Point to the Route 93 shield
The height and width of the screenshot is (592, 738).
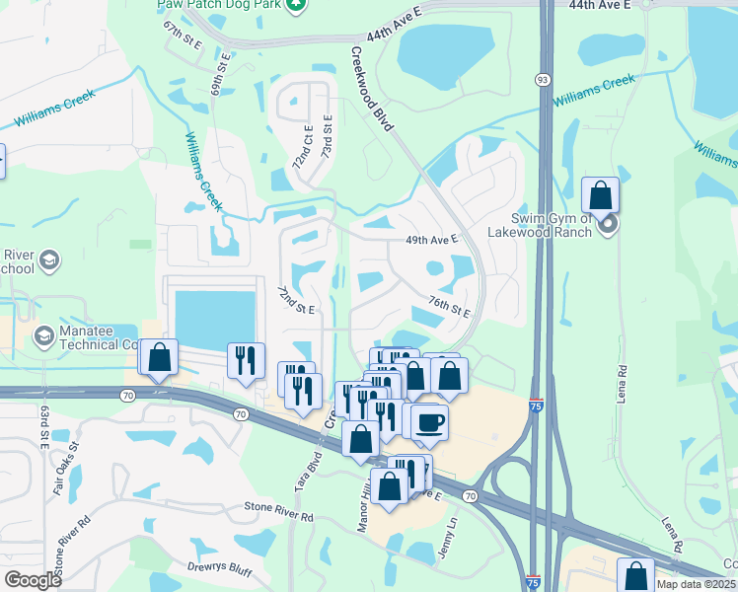point(543,79)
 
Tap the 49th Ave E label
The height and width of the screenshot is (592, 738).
point(433,240)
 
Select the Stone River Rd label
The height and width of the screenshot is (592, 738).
point(279,515)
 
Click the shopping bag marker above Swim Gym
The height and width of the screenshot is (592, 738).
point(600,195)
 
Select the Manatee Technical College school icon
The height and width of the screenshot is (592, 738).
point(43,336)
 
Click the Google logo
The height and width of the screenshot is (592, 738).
point(33,580)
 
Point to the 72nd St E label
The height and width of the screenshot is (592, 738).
point(295,301)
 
